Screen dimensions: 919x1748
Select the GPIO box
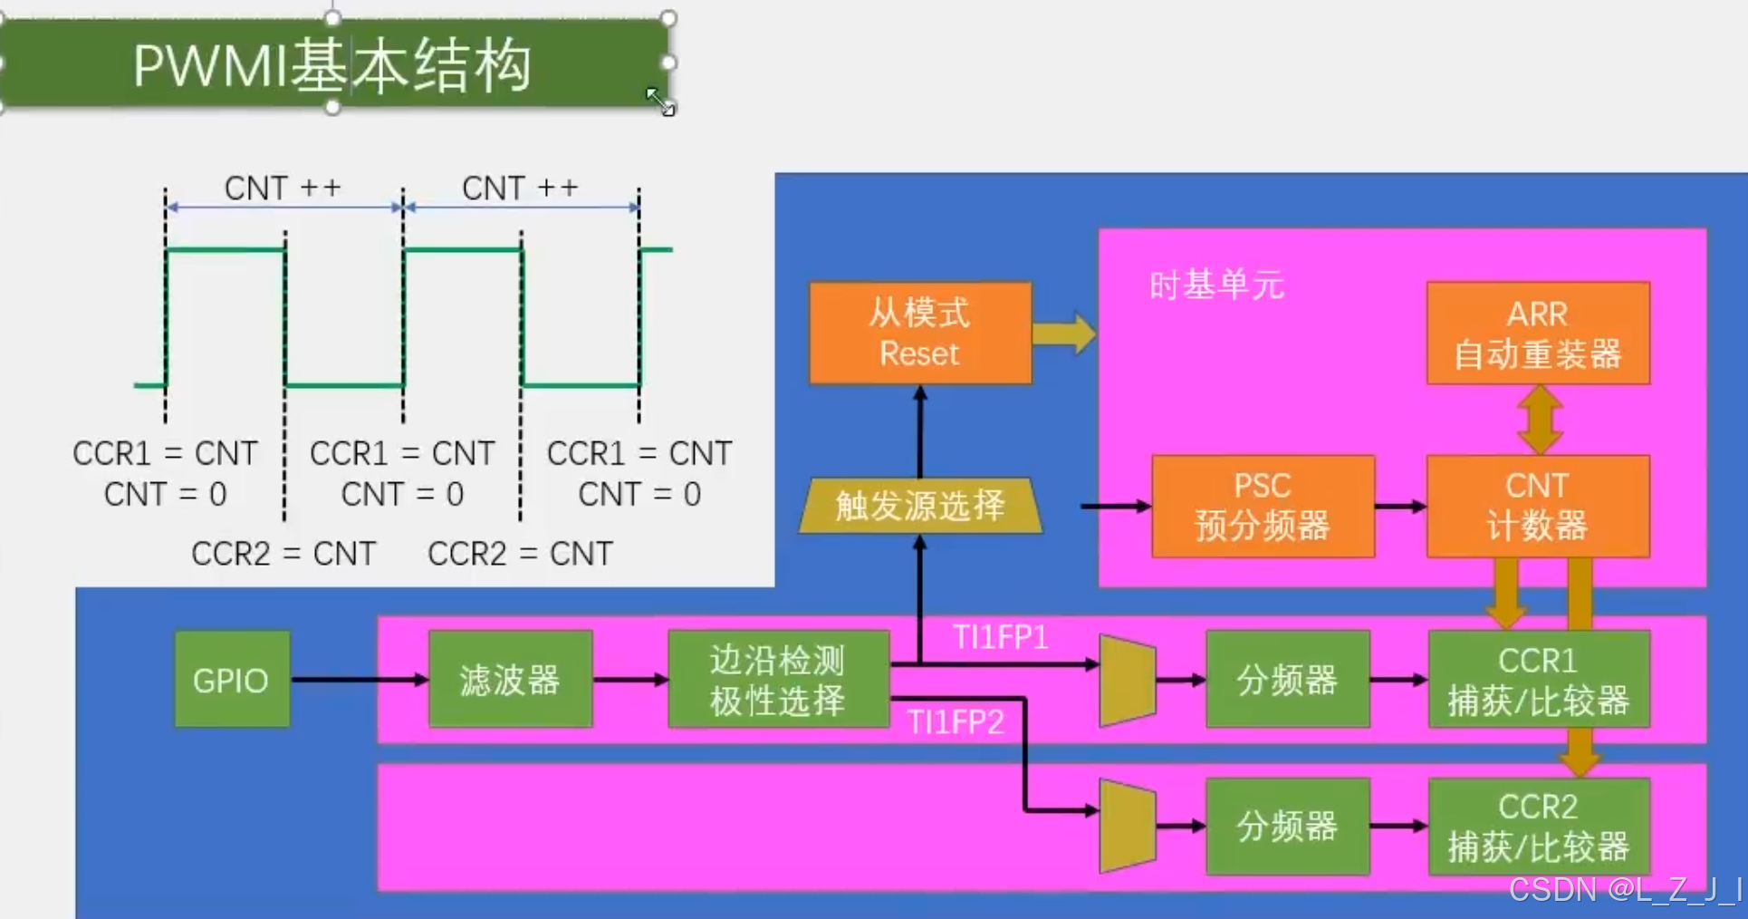[x=232, y=680]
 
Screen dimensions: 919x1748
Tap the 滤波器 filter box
[x=510, y=680]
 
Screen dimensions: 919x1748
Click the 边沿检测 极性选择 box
[x=778, y=680]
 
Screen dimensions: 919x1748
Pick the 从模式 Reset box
[x=919, y=333]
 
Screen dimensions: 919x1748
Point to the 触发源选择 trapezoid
[x=920, y=505]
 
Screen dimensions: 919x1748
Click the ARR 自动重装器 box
[x=1538, y=333]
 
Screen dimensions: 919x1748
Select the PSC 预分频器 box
[x=1263, y=506]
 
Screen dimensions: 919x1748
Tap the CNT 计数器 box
[x=1538, y=506]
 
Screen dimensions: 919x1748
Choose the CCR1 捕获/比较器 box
[x=1538, y=680]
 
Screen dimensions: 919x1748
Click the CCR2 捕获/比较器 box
[x=1538, y=827]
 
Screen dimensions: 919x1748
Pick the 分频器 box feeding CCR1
[x=1287, y=680]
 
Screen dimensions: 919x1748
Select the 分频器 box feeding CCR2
[x=1287, y=827]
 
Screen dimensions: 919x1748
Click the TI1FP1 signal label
[x=1000, y=637]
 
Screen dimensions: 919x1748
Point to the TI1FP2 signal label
[x=956, y=722]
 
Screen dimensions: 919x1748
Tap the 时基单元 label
[x=1216, y=285]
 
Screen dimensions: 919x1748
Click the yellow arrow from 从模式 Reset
[x=1064, y=334]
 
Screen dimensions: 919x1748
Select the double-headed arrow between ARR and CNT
[x=1540, y=420]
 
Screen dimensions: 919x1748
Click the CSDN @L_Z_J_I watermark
[x=1625, y=890]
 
